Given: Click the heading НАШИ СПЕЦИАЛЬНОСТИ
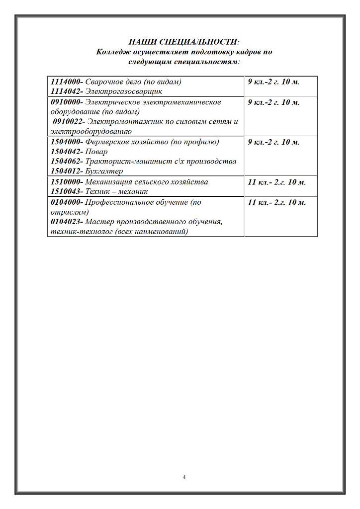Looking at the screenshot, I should pos(184,42).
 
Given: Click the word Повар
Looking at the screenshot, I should pos(96,152).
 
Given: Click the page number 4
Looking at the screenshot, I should pos(184,478).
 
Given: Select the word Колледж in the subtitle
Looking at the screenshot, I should pos(112,52).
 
